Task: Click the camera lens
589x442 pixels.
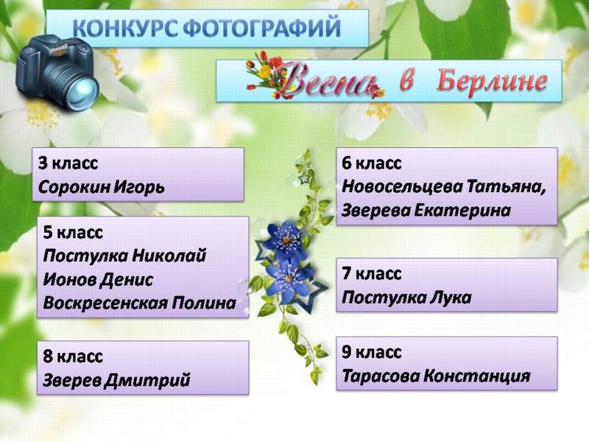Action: coord(82,90)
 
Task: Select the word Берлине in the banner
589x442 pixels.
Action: coord(492,81)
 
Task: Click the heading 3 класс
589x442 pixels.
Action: coord(68,164)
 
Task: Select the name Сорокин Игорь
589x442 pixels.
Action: coord(102,187)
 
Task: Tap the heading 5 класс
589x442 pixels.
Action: coord(73,233)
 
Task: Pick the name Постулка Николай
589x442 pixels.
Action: coord(124,256)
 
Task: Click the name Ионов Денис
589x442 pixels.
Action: coord(98,280)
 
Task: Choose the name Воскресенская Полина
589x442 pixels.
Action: coord(139,303)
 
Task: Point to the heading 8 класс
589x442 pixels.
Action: coord(73,357)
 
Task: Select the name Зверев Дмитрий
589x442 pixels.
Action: coord(116,380)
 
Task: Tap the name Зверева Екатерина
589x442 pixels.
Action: coord(426,211)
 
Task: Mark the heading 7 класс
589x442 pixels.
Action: coord(372,273)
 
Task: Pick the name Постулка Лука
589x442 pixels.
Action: coord(406,298)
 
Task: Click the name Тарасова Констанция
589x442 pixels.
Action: coord(436,376)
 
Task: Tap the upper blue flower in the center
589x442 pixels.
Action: coord(285,240)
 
